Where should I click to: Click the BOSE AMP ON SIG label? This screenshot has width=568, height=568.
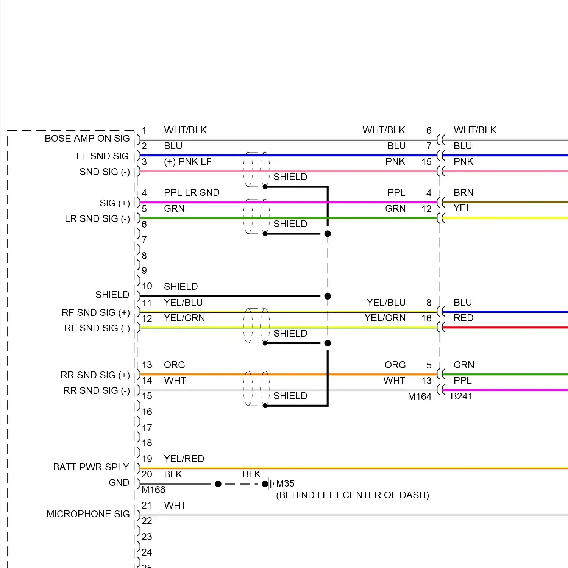point(87,139)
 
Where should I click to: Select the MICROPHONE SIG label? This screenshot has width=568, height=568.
point(88,514)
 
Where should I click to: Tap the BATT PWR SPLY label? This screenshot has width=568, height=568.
point(91,467)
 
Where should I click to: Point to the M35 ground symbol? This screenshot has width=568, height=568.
point(270,484)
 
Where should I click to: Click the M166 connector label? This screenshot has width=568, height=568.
point(153,490)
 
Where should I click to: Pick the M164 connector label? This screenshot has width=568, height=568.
point(420,396)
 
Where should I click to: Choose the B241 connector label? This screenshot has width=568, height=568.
point(461,396)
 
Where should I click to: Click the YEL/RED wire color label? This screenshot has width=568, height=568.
point(184,459)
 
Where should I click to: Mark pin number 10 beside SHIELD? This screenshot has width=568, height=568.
point(147,286)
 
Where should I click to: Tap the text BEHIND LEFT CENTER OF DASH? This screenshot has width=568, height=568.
point(353,495)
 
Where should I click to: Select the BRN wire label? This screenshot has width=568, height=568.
point(463,193)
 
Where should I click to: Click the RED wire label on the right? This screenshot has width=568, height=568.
point(463,318)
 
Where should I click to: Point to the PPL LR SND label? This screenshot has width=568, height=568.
point(192,193)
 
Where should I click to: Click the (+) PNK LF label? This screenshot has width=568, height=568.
point(187,162)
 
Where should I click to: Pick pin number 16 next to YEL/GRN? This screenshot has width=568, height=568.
point(426,318)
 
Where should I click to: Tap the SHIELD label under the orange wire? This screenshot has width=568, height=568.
point(290,396)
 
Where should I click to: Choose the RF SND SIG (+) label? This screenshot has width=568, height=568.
point(96,313)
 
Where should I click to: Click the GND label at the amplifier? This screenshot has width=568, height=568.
point(119,483)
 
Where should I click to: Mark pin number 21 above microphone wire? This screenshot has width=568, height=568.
point(147,506)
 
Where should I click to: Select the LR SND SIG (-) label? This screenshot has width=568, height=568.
point(97,219)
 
